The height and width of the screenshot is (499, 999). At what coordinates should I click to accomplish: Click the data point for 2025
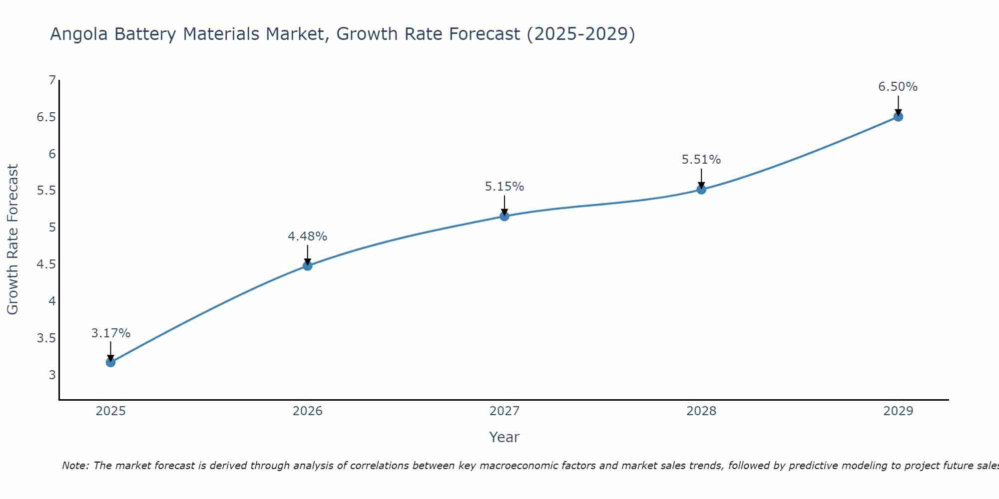[111, 362]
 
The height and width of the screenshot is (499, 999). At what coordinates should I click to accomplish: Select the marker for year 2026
[308, 266]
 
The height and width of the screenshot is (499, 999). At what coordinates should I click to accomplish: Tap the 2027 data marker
[504, 216]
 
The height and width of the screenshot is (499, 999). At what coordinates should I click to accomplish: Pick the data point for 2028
[701, 190]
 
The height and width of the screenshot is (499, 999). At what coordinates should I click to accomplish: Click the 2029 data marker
[898, 117]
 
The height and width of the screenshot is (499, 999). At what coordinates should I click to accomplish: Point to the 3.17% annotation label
[111, 333]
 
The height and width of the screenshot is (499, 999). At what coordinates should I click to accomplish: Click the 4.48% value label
[308, 237]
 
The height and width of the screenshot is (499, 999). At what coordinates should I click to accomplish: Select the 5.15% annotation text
[504, 187]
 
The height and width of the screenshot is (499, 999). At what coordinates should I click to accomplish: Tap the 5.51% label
[701, 160]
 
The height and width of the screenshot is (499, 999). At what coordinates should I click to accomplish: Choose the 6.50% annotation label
[898, 87]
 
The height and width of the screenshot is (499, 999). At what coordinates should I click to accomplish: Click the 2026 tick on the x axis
[308, 411]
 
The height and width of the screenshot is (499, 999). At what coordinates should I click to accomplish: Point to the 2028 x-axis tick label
[701, 411]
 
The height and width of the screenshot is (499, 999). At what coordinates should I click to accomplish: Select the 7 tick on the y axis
[52, 80]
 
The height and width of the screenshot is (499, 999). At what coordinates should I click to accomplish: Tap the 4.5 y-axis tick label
[46, 264]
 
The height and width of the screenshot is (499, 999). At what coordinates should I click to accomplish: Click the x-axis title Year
[504, 437]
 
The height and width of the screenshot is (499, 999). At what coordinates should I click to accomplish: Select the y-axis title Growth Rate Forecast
[13, 240]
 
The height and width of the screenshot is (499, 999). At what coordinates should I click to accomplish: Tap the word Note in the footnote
[75, 466]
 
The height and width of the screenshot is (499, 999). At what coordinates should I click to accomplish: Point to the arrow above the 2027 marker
[504, 205]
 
